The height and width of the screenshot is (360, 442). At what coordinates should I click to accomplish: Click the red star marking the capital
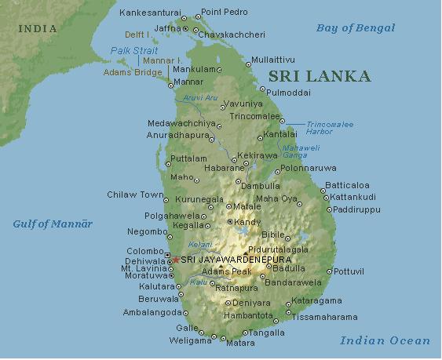[175, 260]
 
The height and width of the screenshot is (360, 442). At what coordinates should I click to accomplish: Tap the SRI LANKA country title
[319, 76]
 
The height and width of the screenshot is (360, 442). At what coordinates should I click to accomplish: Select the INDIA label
[38, 29]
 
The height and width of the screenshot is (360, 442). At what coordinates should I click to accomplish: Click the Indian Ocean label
[385, 340]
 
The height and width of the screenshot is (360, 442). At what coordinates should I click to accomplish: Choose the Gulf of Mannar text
[53, 224]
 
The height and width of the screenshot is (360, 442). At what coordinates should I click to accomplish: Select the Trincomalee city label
[254, 117]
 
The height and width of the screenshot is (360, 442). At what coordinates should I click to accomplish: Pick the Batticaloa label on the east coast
[346, 186]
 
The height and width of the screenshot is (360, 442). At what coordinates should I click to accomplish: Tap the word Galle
[187, 328]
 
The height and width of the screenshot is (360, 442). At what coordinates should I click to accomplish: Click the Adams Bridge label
[134, 72]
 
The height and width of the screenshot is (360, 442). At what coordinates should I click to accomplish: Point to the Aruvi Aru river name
[200, 97]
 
